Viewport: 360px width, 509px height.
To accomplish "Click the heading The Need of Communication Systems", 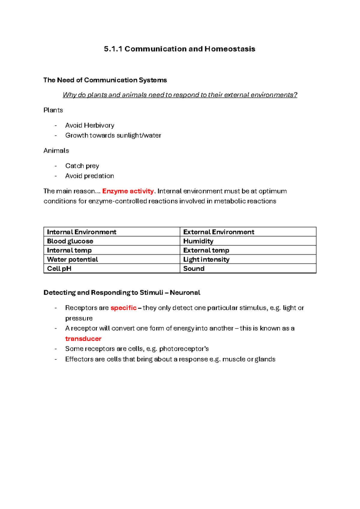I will [105, 80].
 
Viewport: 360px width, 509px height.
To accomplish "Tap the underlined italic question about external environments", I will [180, 95].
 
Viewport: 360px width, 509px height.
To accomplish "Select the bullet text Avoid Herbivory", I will [90, 125].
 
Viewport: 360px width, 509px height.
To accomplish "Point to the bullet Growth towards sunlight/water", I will [113, 135].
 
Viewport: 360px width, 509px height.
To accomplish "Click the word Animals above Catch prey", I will [56, 151].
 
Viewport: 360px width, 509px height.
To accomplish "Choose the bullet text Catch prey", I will [82, 166].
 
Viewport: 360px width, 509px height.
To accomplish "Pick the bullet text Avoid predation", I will [90, 176].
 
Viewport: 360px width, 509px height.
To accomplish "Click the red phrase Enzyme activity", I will [128, 191].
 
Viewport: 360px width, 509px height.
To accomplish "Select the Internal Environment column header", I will [82, 232].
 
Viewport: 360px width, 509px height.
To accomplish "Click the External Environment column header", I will [219, 232].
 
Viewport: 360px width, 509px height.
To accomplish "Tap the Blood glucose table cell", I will [70, 241].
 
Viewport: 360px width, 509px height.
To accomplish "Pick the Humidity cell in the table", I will [198, 241].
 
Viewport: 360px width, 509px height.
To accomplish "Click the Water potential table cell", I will [73, 259].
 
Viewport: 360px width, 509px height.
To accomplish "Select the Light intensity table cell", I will [206, 259].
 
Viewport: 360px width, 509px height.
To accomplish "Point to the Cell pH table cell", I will [59, 269].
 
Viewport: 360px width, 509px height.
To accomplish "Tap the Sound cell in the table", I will [194, 269].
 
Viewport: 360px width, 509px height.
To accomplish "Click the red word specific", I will [123, 308].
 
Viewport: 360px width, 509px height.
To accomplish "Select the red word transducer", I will [83, 339].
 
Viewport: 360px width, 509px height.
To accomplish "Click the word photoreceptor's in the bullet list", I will [184, 349].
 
